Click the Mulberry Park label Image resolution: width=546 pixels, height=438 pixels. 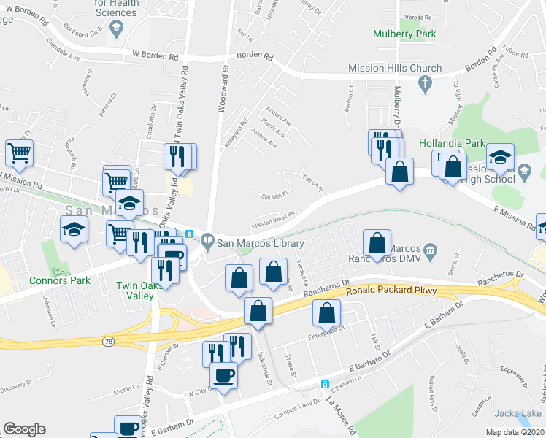(404, 34)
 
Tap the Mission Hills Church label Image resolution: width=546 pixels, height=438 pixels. (396, 69)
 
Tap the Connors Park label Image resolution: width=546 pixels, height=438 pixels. (60, 280)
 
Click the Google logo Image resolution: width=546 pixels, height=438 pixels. (24, 429)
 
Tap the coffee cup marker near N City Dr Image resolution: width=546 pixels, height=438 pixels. (223, 376)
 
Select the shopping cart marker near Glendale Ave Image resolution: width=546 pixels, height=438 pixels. (20, 153)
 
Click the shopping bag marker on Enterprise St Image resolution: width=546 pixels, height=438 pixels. (326, 314)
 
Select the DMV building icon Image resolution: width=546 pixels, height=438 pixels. (431, 252)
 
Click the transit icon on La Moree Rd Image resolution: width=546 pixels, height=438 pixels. (326, 384)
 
